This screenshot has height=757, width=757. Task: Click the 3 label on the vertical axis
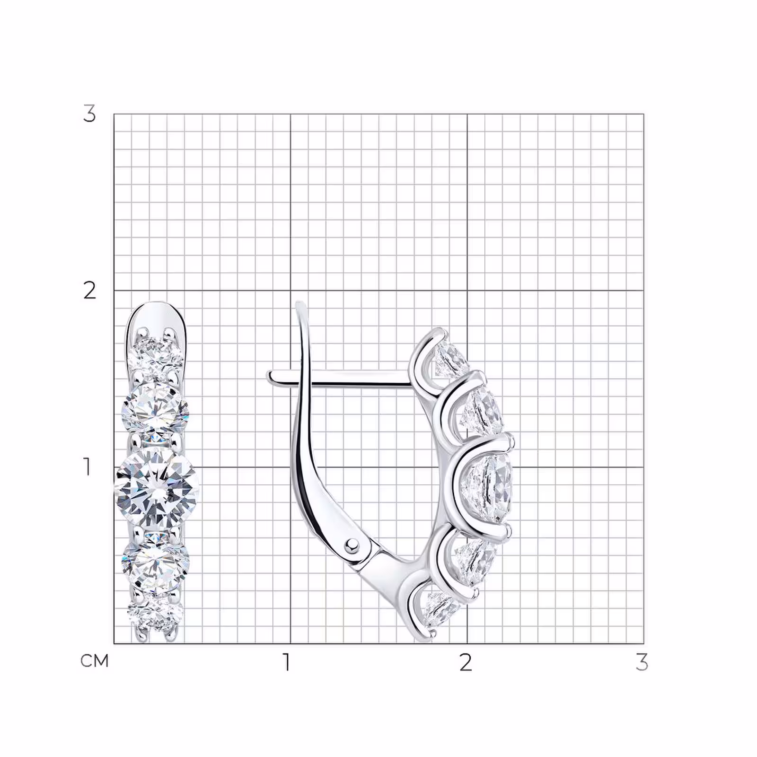[89, 114]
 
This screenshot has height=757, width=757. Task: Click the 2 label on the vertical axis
[89, 290]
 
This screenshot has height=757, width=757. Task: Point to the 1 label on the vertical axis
[87, 467]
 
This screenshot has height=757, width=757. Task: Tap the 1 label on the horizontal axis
[287, 662]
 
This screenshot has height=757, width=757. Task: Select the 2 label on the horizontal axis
[466, 662]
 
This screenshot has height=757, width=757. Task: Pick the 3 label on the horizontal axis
[642, 662]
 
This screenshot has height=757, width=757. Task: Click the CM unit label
[95, 661]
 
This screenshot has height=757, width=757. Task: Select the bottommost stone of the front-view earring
[155, 614]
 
